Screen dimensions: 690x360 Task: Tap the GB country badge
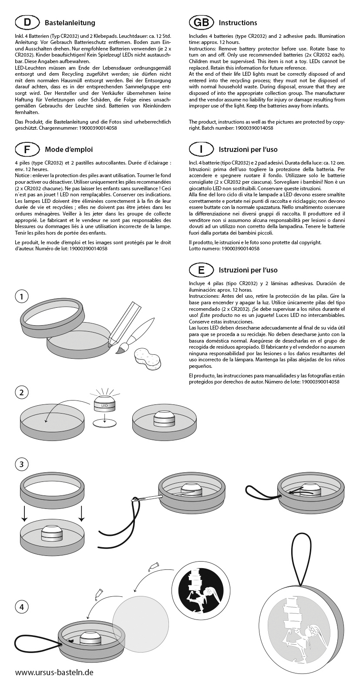[x=201, y=22]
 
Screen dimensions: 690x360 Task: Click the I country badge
[x=201, y=149]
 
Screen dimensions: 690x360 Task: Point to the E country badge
[x=201, y=270]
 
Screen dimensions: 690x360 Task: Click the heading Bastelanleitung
[x=70, y=23]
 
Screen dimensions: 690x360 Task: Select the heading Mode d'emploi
[x=69, y=150]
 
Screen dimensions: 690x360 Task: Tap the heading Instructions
[x=238, y=23]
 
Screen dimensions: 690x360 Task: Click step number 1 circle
[x=22, y=297]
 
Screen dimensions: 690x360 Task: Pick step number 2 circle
[x=22, y=392]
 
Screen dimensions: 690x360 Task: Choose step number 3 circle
[x=22, y=464]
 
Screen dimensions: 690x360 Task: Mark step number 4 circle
[x=22, y=606]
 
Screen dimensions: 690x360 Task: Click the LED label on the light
[x=104, y=406]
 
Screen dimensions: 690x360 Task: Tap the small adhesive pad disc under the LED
[x=105, y=424]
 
